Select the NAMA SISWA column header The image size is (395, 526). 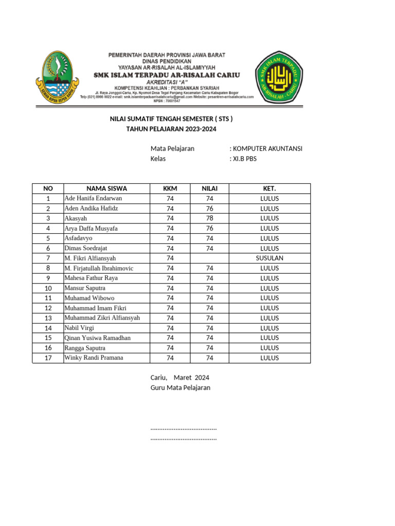(106, 189)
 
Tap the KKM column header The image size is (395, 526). (170, 189)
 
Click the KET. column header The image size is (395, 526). (270, 189)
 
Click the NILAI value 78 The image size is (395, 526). (209, 218)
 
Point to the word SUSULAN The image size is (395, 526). (270, 258)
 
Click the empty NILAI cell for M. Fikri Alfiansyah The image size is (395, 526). (209, 258)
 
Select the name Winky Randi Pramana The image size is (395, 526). (94, 358)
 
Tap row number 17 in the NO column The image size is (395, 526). (48, 358)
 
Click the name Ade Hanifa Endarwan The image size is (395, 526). (93, 198)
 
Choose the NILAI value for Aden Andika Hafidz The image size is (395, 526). (209, 209)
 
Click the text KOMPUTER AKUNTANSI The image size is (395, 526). (267, 148)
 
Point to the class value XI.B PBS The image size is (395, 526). (244, 159)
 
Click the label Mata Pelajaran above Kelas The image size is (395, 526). (172, 148)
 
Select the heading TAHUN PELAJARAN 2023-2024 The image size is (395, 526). (171, 129)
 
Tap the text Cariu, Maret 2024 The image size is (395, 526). (179, 377)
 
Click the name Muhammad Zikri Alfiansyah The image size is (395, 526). (102, 318)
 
